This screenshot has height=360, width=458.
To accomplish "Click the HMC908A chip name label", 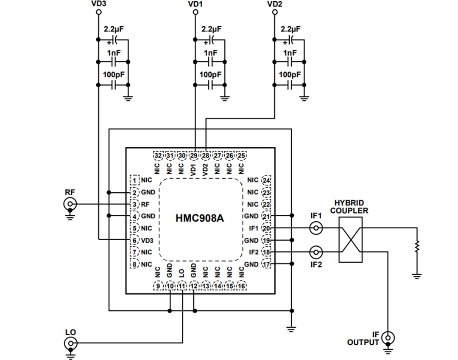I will (199, 218).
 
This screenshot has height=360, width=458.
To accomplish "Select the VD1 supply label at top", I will (195, 4).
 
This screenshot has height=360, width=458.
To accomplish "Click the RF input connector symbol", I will (70, 204).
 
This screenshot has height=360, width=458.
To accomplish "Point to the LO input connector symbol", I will (70, 343).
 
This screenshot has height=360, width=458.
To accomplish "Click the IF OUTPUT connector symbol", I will (387, 338).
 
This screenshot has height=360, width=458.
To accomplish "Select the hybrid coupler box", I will (350, 240).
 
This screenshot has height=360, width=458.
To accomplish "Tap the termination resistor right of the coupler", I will (417, 246).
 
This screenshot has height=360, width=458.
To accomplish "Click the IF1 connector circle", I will (316, 229).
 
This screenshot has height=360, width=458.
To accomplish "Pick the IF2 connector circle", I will (316, 253).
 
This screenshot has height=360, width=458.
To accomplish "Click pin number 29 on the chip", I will (194, 156).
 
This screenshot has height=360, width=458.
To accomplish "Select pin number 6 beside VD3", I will (135, 240).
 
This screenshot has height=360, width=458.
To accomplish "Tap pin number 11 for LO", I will (182, 286).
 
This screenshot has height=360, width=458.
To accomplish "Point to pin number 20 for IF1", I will (266, 228).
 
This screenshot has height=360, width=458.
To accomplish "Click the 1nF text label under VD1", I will (210, 53).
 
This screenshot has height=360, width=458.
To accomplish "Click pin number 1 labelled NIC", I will (135, 180).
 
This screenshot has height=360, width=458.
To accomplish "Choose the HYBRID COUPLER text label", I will (349, 207).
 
